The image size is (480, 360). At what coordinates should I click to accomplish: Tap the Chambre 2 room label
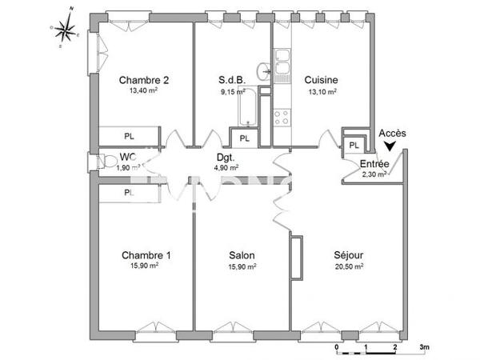click(144, 80)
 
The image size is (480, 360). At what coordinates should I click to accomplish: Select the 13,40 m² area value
click(144, 92)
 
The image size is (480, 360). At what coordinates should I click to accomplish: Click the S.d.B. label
click(232, 80)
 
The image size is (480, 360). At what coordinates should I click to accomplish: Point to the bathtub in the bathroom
click(249, 108)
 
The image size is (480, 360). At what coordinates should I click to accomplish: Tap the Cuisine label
click(321, 80)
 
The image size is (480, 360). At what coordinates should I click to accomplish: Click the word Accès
click(392, 133)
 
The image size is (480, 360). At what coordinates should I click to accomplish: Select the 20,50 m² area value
click(350, 267)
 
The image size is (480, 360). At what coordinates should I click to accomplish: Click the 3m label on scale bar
click(425, 348)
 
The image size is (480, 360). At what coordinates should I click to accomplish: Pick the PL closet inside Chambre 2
click(129, 136)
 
